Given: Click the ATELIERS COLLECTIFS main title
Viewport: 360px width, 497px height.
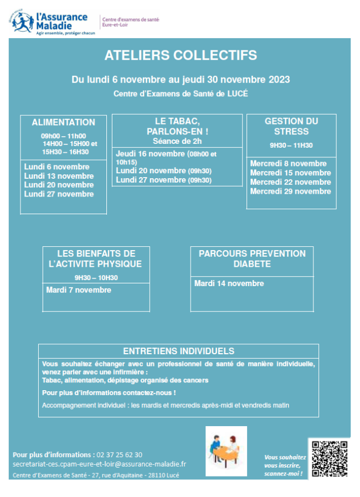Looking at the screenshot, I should (x=181, y=55).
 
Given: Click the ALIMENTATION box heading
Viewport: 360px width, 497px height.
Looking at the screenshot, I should (x=63, y=122).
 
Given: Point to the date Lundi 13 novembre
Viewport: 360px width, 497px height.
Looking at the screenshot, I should (x=59, y=176).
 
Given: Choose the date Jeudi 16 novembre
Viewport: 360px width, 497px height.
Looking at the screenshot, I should (x=151, y=153).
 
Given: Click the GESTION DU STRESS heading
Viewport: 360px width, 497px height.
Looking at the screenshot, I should (x=291, y=126).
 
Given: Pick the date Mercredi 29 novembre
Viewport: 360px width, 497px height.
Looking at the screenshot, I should (x=290, y=191).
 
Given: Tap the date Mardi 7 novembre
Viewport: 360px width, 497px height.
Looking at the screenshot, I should (x=78, y=290).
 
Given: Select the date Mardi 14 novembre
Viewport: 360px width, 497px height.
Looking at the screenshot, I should (x=229, y=283).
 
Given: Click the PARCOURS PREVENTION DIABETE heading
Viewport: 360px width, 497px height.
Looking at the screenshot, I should (x=252, y=258).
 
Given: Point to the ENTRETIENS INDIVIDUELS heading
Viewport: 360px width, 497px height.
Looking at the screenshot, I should (x=178, y=351).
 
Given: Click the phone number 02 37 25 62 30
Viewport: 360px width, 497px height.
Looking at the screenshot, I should (x=119, y=454).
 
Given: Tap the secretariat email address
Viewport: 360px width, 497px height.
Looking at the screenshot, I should (x=99, y=464).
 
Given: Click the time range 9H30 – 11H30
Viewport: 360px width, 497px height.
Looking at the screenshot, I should (x=291, y=146).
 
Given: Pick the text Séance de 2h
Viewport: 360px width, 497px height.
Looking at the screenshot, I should (x=177, y=142).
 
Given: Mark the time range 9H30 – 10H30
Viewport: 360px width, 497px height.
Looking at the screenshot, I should (x=96, y=278).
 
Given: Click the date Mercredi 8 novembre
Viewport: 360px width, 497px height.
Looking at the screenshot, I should (x=288, y=164).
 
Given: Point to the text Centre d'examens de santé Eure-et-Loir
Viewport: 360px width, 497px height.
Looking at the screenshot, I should (x=131, y=22).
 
